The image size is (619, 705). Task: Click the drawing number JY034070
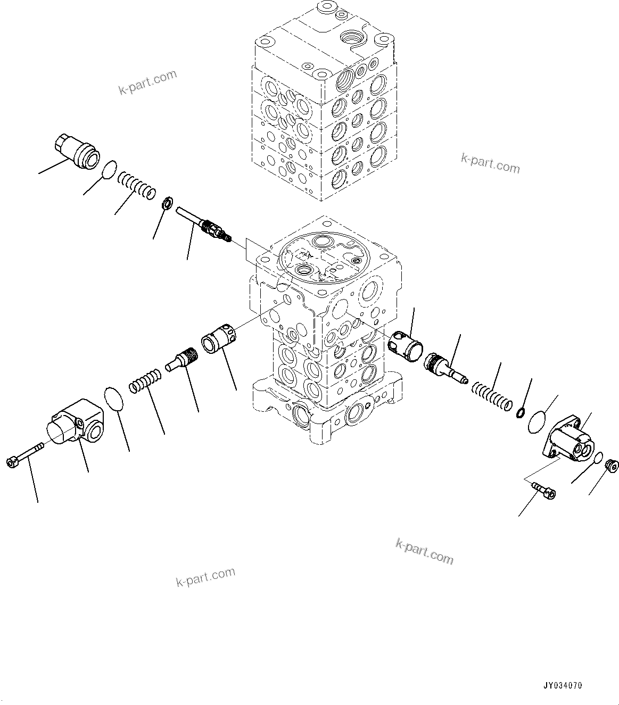562,686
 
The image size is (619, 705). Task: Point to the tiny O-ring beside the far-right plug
597,457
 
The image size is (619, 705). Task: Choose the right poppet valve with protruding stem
444,368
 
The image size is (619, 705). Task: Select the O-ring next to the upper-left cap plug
109,170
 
